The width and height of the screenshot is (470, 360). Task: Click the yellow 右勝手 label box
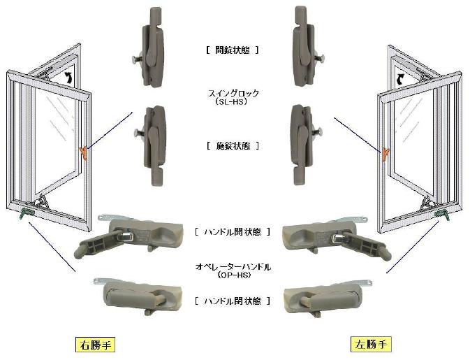pos(95,345)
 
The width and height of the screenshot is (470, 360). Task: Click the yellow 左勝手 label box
pos(371,344)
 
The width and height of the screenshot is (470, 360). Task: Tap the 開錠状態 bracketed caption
pos(233,50)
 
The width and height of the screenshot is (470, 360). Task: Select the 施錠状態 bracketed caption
pos(233,146)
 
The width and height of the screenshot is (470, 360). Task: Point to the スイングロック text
pos(233,93)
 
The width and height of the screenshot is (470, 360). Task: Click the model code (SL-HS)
pos(231,102)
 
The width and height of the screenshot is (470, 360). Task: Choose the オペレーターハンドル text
pos(233,267)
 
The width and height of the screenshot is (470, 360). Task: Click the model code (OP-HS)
pos(233,275)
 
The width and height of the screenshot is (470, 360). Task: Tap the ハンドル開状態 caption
pos(233,232)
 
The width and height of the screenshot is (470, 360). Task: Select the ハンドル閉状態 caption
pos(233,301)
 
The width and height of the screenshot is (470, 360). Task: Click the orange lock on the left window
pos(84,152)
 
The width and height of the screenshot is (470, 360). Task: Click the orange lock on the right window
pos(385,154)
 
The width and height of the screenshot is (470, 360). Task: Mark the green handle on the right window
pos(442,214)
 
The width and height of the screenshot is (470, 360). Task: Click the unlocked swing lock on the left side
pos(150,47)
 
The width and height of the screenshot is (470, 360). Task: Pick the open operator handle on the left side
pos(129,237)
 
